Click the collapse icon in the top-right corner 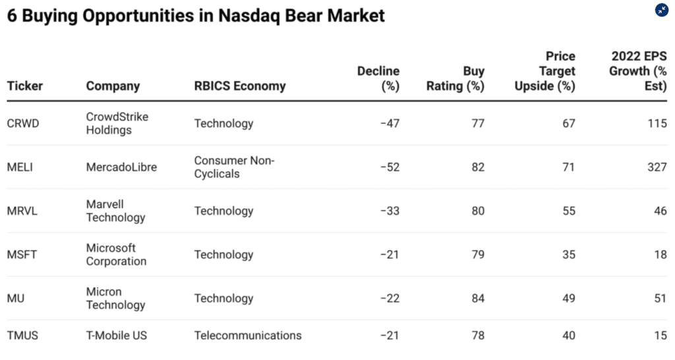662,10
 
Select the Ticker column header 25,86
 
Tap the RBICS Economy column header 240,86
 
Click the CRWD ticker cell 23,123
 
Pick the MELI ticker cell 20,167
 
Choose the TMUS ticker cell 22,336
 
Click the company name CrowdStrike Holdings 117,123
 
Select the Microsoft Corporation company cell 117,255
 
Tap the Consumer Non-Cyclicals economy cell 234,167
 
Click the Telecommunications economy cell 248,336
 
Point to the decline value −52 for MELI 390,167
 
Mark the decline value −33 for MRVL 390,211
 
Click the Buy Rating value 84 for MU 477,299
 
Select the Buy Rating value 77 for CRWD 477,123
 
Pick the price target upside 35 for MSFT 568,255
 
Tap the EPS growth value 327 657,167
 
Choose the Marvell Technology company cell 115,211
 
